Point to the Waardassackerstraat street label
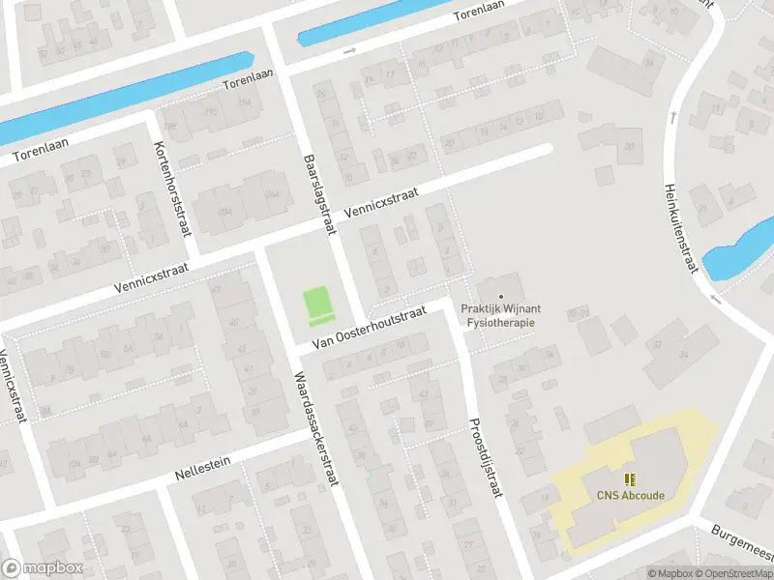(x=316, y=428)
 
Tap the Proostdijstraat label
(x=486, y=457)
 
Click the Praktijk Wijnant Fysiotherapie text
(x=500, y=315)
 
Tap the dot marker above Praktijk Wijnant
(x=500, y=296)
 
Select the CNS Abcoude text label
(x=630, y=496)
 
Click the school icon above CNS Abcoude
(x=630, y=479)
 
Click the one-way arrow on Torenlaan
(x=349, y=50)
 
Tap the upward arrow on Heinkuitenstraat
(x=670, y=117)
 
